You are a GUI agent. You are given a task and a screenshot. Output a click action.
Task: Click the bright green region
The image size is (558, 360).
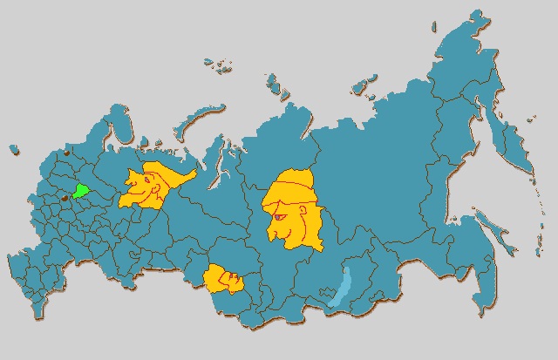[x=81, y=191]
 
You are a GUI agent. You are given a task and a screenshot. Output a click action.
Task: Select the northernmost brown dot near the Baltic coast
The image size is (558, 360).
[x=64, y=155]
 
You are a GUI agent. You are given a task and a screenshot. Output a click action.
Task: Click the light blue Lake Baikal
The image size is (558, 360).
[x=340, y=289]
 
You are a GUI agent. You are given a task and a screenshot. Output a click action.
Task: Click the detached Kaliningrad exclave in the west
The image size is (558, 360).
[x=14, y=151]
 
